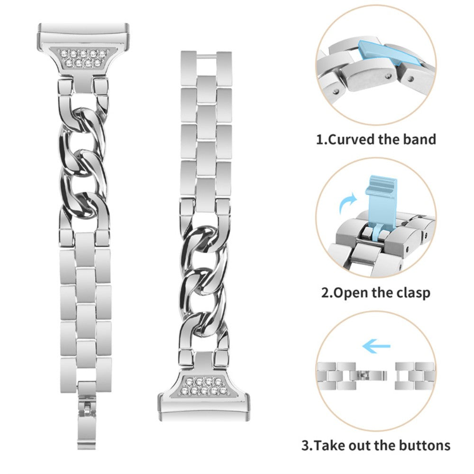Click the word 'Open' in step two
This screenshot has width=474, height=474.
[347, 293]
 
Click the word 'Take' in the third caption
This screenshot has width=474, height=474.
[329, 446]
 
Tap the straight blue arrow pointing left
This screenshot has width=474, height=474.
[376, 346]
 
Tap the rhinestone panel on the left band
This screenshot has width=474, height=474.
[83, 57]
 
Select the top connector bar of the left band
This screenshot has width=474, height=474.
[84, 33]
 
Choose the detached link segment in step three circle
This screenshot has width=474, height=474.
[414, 376]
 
